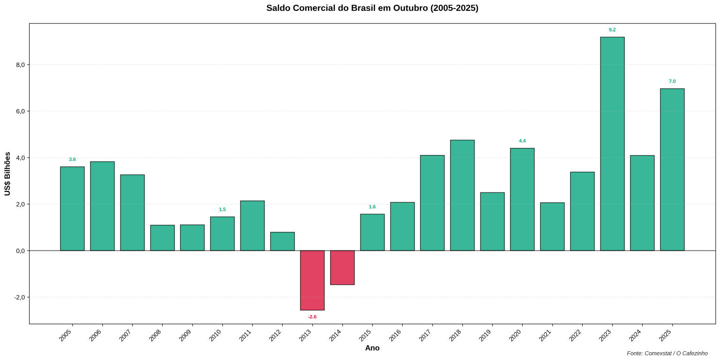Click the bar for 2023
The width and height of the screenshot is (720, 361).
point(612,144)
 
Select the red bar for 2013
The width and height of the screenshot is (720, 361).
point(312,280)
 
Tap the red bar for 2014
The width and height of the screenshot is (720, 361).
point(342,267)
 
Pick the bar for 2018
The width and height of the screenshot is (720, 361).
point(462,195)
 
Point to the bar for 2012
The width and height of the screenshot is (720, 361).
point(282,241)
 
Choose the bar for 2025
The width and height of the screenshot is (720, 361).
point(672,169)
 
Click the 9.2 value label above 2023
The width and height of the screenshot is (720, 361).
point(612,30)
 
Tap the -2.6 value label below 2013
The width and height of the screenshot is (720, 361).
point(312,317)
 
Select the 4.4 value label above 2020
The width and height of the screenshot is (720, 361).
point(522,141)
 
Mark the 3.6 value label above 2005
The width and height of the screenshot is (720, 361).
point(72,160)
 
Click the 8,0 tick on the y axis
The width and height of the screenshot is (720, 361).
point(20,65)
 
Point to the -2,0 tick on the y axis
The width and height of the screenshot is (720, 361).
point(19,297)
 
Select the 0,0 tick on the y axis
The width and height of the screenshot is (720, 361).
point(20,251)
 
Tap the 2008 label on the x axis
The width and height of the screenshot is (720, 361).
point(155,335)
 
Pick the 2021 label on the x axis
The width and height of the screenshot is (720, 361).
point(545,335)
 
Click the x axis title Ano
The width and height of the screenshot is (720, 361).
point(372,348)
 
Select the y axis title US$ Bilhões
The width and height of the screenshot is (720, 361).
point(7,174)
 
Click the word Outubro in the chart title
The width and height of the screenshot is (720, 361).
point(409,8)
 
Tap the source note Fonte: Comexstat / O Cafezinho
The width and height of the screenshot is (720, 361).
point(667,354)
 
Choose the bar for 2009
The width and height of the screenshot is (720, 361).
point(192,237)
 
